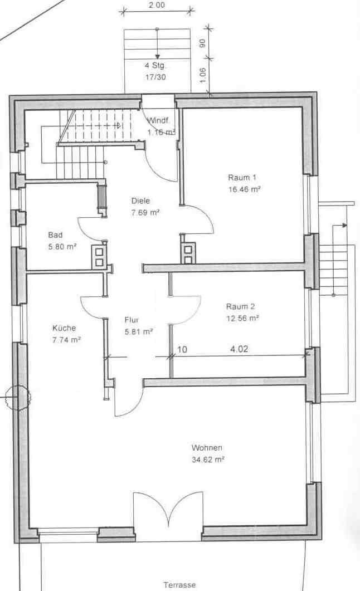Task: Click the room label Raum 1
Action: tap(242, 177)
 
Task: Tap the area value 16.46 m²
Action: tap(245, 189)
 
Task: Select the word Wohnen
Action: tap(207, 448)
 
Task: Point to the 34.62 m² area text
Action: tap(208, 460)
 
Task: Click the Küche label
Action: tap(64, 328)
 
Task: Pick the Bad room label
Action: tap(55, 235)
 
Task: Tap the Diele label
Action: tap(140, 201)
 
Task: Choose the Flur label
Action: tap(132, 320)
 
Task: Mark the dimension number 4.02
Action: tap(239, 349)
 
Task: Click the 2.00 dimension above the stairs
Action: tap(157, 5)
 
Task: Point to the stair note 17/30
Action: tap(155, 77)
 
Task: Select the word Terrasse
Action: tap(180, 585)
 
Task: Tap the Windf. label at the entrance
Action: tap(158, 121)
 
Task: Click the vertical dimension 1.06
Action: tap(202, 76)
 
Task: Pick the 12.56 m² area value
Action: tap(242, 319)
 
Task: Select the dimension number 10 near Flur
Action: tap(182, 349)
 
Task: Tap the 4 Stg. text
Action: tap(155, 65)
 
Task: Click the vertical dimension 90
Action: tap(202, 43)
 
